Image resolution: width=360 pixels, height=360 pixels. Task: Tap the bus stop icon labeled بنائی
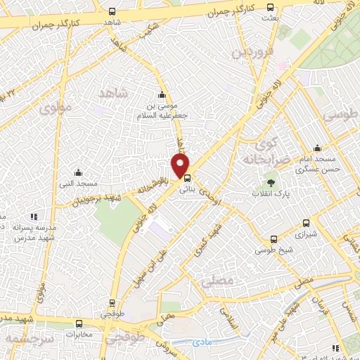(186, 178)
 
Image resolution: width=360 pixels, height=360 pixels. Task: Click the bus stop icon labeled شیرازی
(305, 220)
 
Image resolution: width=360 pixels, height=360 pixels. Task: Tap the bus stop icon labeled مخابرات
(79, 324)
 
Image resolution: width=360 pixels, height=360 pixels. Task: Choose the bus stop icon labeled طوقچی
(112, 305)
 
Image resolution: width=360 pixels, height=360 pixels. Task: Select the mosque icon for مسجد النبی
(78, 172)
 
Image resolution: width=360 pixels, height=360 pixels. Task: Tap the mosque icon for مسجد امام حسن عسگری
(318, 148)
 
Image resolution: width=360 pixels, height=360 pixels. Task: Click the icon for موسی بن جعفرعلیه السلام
(162, 96)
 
